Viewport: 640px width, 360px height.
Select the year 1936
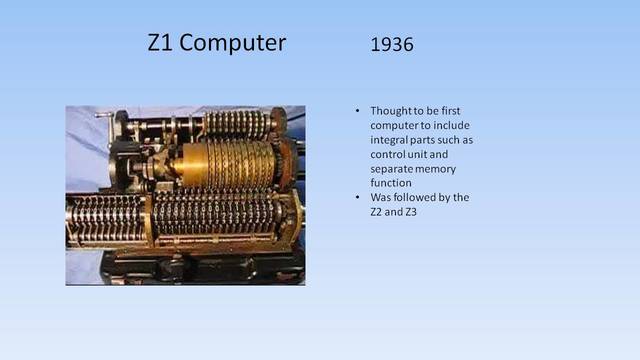pyautogui.click(x=392, y=45)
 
